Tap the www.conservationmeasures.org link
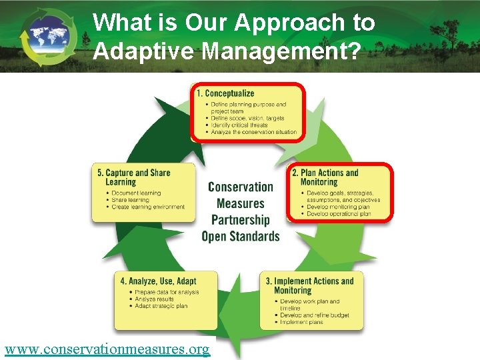(x=107, y=349)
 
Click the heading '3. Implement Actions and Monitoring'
(x=313, y=285)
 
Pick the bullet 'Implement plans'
(x=301, y=322)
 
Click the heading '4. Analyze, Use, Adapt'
(x=159, y=281)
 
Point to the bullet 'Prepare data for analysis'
(x=167, y=292)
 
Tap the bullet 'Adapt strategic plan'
(x=161, y=306)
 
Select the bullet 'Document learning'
(x=137, y=193)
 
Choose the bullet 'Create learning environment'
(x=148, y=207)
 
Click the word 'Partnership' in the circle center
(x=241, y=220)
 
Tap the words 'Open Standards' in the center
(x=241, y=236)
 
